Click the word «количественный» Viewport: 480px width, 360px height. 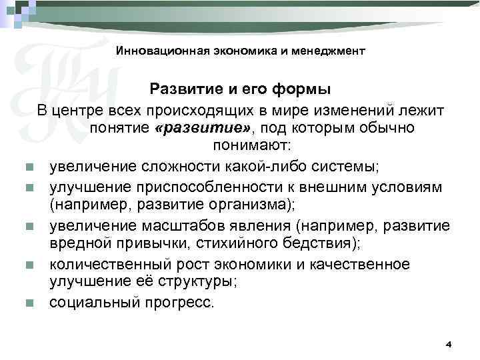(105, 265)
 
